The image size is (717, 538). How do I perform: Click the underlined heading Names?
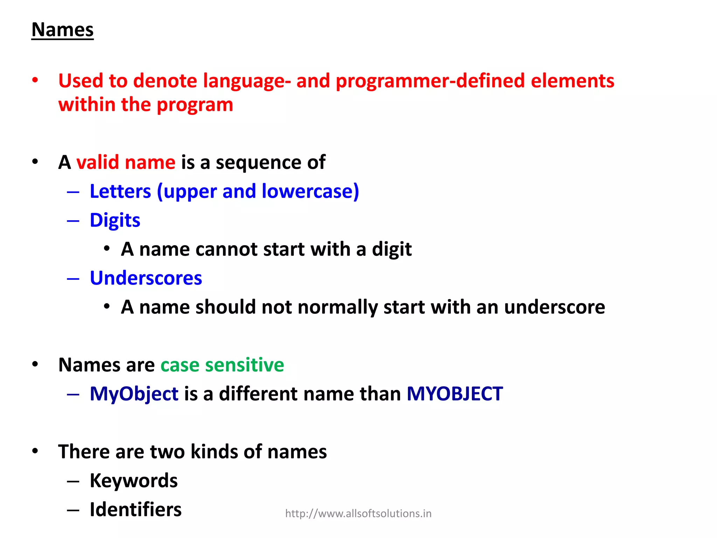click(x=62, y=30)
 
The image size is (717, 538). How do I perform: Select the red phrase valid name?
click(x=126, y=163)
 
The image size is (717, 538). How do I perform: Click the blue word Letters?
click(x=120, y=192)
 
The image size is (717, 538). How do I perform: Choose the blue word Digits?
click(x=115, y=221)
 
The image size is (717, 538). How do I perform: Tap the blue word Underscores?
click(x=146, y=278)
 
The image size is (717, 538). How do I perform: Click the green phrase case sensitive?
click(x=222, y=365)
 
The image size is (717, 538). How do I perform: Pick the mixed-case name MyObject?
click(x=134, y=394)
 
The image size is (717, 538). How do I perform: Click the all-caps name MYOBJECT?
click(x=454, y=394)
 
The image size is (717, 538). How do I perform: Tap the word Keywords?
click(x=133, y=481)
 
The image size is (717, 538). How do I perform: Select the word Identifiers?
click(x=135, y=510)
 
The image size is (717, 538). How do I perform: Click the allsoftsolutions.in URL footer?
click(x=358, y=514)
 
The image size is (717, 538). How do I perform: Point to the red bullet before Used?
click(x=35, y=81)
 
